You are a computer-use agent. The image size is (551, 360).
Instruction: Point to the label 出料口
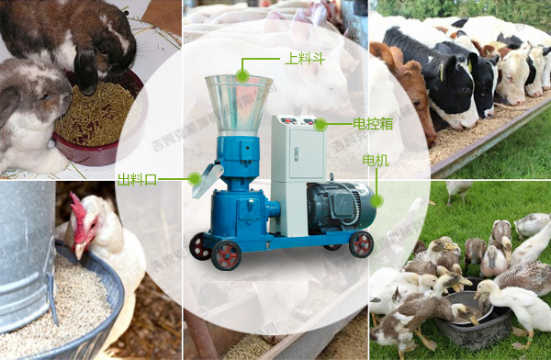point(136,179)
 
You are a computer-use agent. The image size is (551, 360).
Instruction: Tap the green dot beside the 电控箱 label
point(320,123)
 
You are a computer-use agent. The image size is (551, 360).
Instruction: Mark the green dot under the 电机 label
point(376,195)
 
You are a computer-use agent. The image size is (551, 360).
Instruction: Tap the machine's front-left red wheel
point(226,256)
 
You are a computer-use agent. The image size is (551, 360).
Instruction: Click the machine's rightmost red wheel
point(361,243)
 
